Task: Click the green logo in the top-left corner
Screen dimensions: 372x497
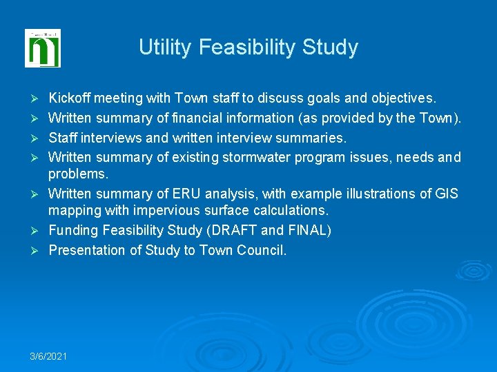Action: pyautogui.click(x=43, y=48)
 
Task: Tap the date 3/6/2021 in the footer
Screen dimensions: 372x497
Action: pyautogui.click(x=48, y=356)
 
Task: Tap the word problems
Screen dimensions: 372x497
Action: pyautogui.click(x=77, y=174)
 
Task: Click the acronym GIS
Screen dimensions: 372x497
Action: pyautogui.click(x=446, y=194)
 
